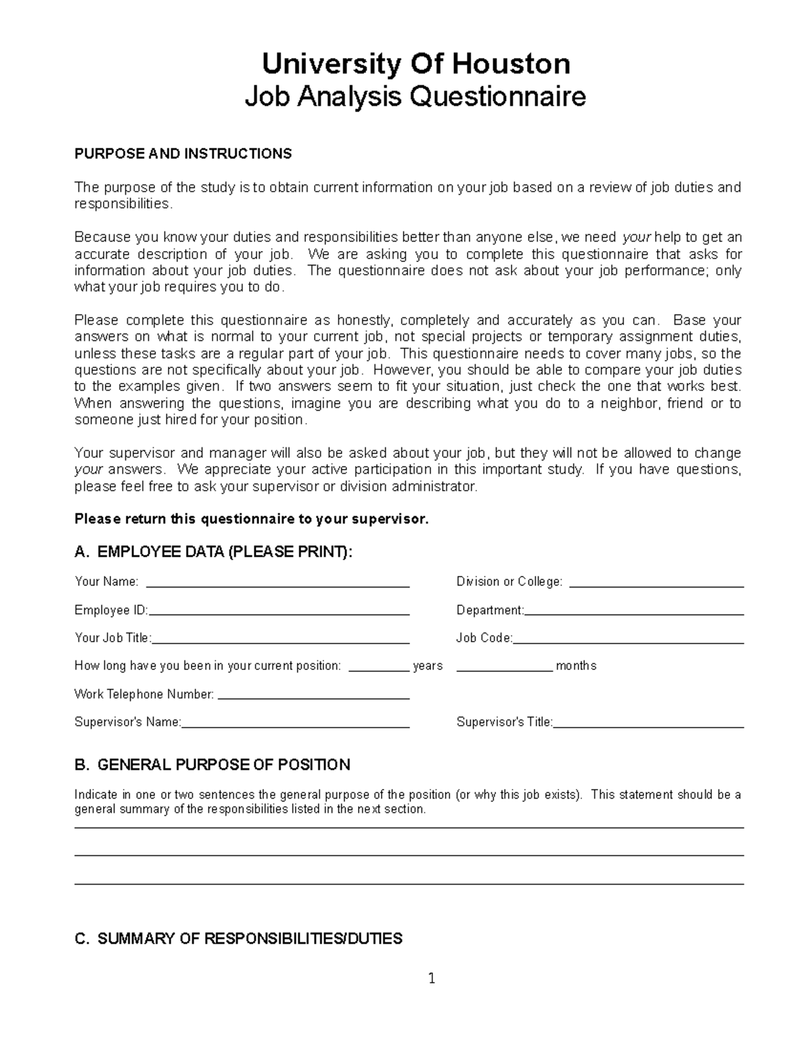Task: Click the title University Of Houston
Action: [x=415, y=64]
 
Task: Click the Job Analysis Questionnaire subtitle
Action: [x=415, y=97]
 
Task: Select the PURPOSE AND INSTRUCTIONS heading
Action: [x=183, y=154]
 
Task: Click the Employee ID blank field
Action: [x=278, y=612]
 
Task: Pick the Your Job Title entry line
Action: [x=281, y=640]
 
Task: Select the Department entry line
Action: [x=634, y=612]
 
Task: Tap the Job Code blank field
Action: [x=629, y=640]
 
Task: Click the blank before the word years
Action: [x=379, y=667]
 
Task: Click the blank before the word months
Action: [x=505, y=667]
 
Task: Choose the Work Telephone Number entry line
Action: [x=314, y=696]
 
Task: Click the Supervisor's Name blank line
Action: [x=296, y=723]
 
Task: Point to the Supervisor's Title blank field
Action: [x=648, y=723]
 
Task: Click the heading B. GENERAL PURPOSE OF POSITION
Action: [x=212, y=765]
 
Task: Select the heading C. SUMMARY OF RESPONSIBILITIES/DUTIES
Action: [x=238, y=939]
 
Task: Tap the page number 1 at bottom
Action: [x=432, y=978]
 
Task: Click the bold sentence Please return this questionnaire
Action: [x=251, y=519]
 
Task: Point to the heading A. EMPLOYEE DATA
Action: [x=213, y=552]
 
